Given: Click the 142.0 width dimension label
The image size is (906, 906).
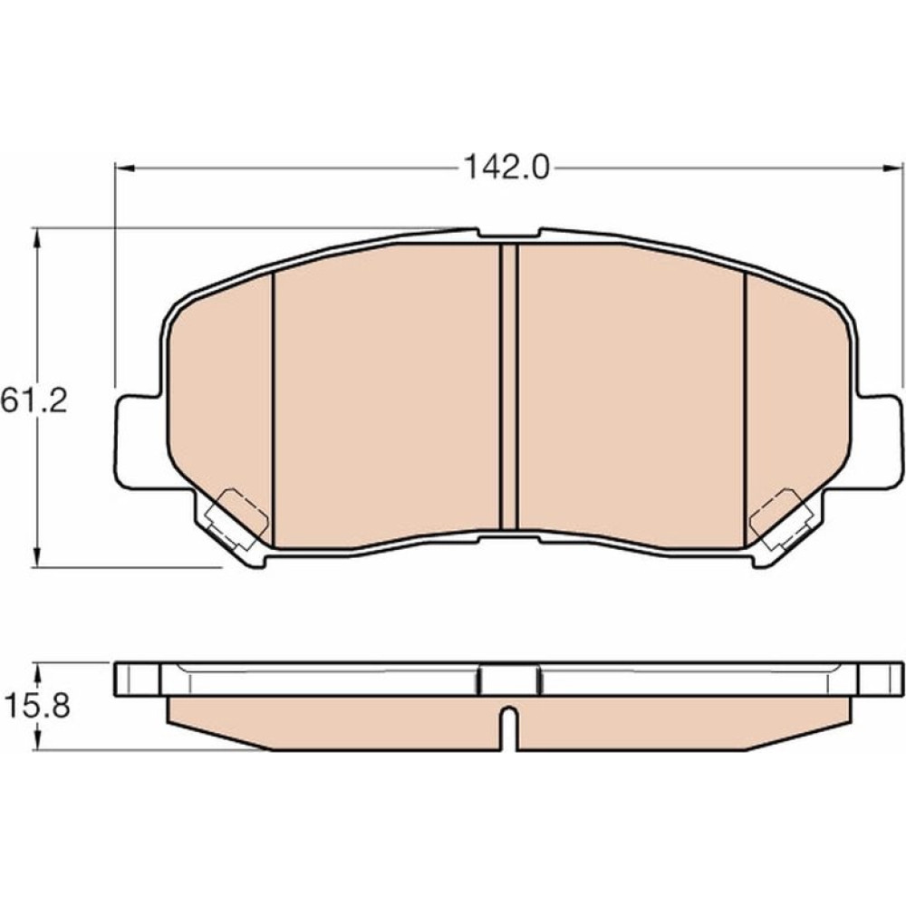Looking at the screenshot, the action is tap(506, 169).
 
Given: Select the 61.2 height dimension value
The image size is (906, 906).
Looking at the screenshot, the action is tap(34, 400).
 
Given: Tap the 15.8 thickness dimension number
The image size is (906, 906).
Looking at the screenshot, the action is tap(37, 706).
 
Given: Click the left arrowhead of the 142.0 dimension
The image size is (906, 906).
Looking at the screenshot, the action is tap(125, 169).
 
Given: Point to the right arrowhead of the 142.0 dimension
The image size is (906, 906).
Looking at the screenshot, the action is tap(892, 169).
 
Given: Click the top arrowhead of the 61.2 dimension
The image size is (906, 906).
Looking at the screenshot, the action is tap(37, 238).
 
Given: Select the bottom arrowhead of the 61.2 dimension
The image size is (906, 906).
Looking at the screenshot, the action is tap(37, 557).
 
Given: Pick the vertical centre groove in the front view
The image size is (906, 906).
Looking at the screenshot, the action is tap(508, 386).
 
